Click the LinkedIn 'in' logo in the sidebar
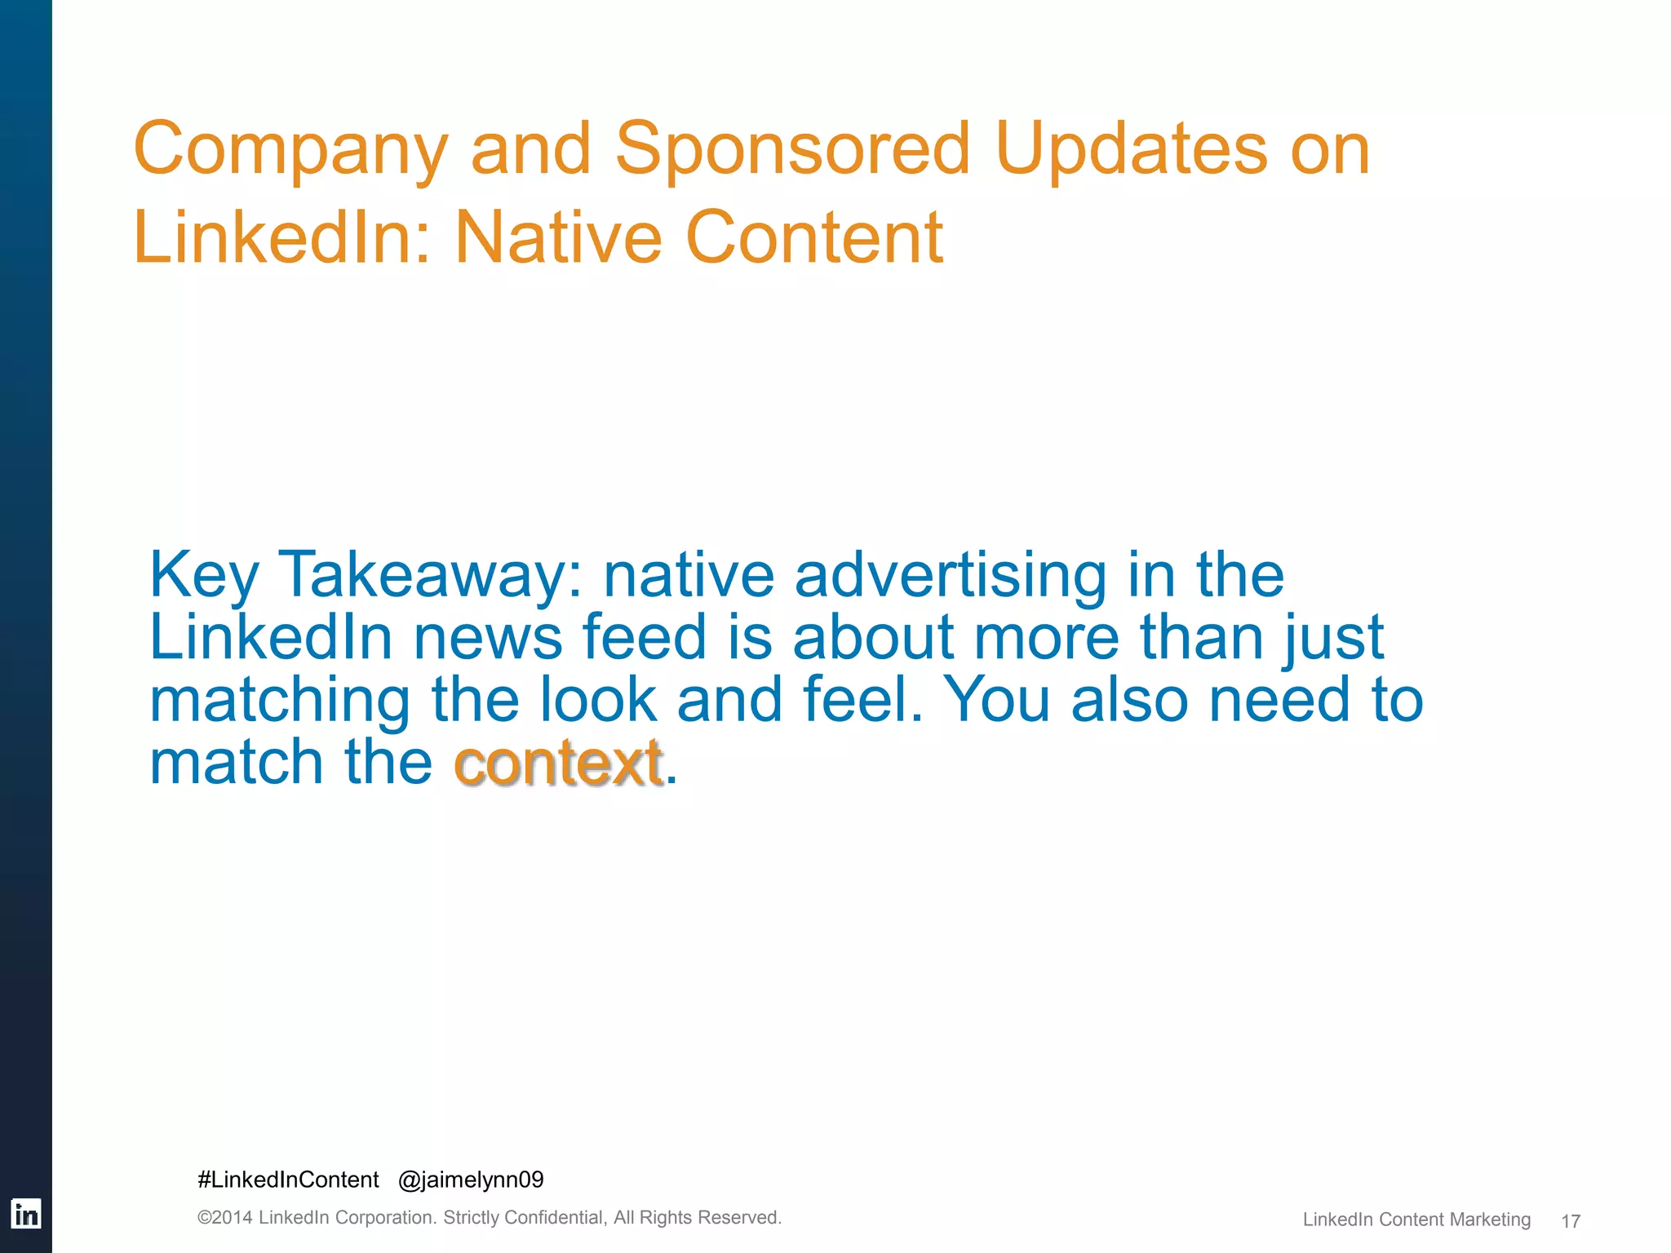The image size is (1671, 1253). [25, 1215]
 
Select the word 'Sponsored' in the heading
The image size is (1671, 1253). [791, 148]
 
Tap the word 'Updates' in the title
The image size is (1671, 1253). [1131, 150]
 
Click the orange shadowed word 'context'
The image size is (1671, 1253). [558, 764]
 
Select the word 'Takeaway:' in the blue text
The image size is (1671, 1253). [431, 576]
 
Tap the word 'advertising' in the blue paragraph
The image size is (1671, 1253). [950, 576]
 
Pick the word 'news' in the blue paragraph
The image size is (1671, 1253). [487, 637]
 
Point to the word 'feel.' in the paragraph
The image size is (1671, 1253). [862, 700]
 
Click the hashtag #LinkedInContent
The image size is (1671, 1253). [288, 1180]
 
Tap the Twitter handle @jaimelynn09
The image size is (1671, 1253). [471, 1180]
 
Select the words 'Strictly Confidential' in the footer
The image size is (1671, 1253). [523, 1218]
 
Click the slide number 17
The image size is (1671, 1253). [1570, 1221]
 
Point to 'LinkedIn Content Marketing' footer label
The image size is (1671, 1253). [1416, 1220]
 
